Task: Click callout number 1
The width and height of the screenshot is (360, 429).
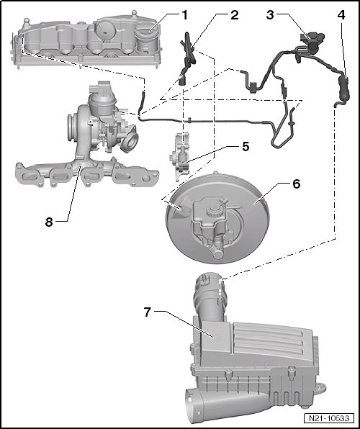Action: (185, 15)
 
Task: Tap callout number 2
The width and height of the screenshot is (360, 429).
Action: (234, 15)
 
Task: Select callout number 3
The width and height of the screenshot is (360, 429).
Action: (270, 15)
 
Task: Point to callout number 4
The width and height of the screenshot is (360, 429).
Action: (341, 15)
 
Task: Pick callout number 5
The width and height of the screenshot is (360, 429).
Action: (246, 147)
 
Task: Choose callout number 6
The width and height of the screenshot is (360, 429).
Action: (296, 184)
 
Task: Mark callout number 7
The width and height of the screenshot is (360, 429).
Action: (148, 312)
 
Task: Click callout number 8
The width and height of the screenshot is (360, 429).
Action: (49, 222)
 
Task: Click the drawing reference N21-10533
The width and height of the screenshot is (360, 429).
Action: (329, 418)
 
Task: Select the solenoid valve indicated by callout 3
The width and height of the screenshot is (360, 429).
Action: (312, 42)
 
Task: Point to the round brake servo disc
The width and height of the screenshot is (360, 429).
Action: (217, 218)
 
